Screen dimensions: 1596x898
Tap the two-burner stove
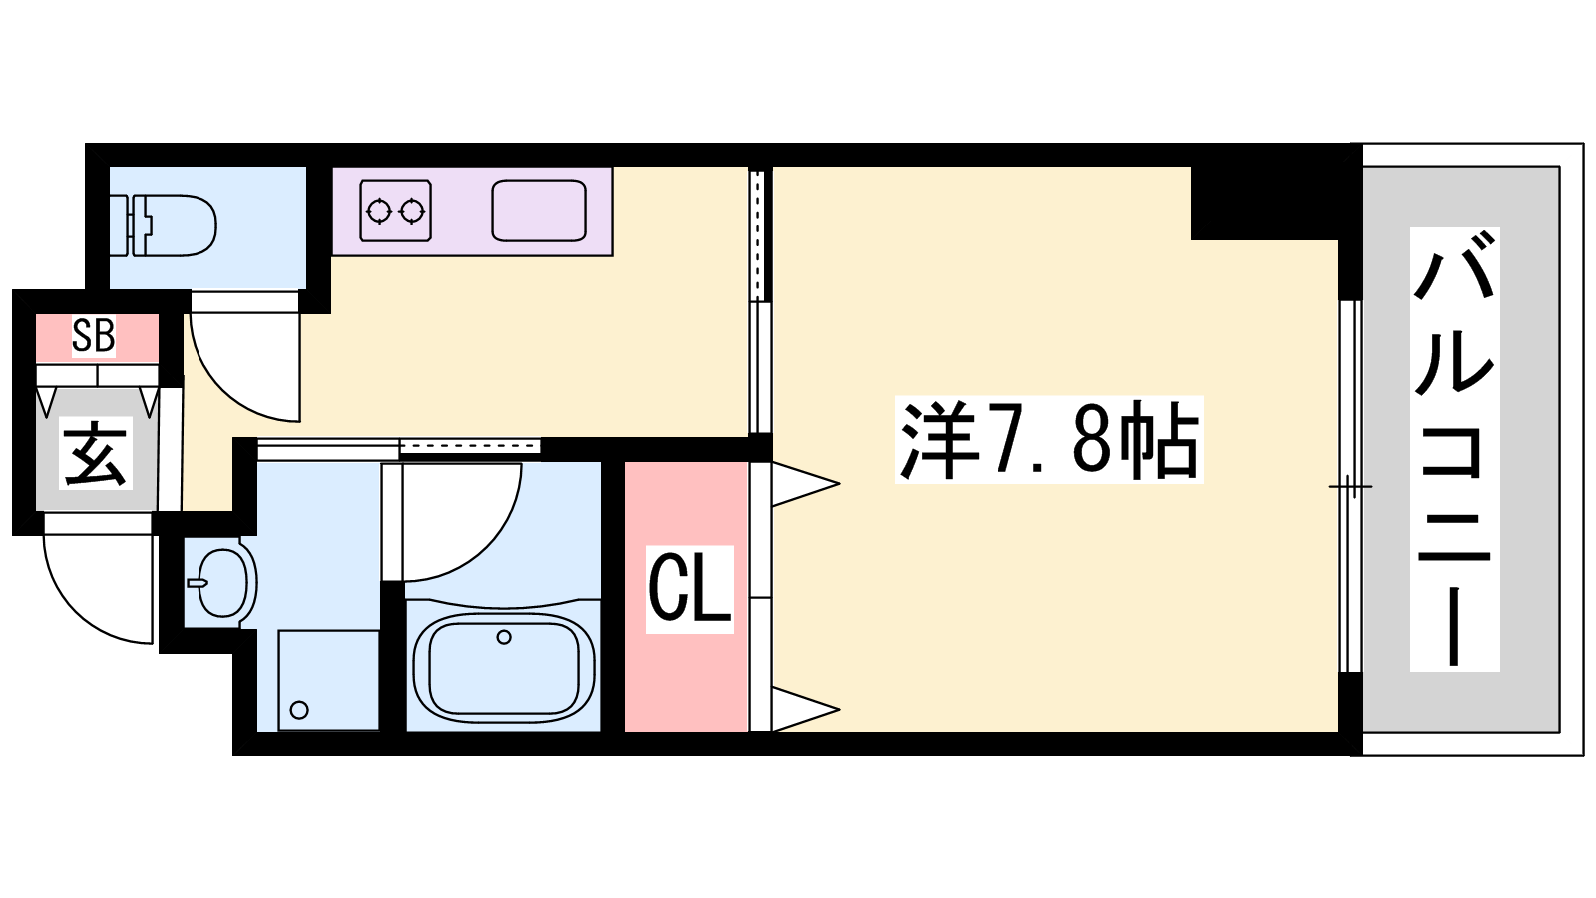pyautogui.click(x=396, y=211)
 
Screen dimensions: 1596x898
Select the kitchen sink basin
pyautogui.click(x=539, y=211)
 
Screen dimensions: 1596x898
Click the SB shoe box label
pyautogui.click(x=94, y=336)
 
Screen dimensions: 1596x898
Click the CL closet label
pyautogui.click(x=689, y=589)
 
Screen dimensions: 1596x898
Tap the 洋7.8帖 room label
pyautogui.click(x=1048, y=440)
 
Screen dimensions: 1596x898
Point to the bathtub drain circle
pyautogui.click(x=504, y=637)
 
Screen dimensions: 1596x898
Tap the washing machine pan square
pyautogui.click(x=328, y=679)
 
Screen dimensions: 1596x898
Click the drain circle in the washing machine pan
pyautogui.click(x=299, y=709)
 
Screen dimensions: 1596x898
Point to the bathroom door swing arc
pyautogui.click(x=481, y=543)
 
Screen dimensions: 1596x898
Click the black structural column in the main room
pyautogui.click(x=1265, y=203)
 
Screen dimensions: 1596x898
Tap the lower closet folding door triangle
pyautogui.click(x=805, y=709)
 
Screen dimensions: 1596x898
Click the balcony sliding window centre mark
pyautogui.click(x=1350, y=488)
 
